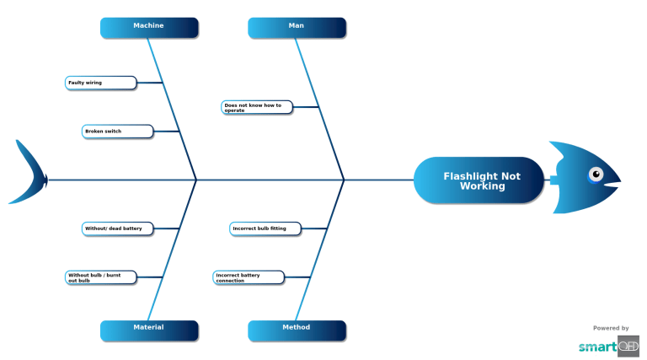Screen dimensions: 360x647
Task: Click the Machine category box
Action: (149, 27)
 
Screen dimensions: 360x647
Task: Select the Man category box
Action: (297, 27)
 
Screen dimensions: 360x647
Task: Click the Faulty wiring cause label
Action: (100, 83)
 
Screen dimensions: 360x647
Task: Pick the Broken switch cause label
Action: (118, 132)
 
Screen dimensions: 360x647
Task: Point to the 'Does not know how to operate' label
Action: (257, 107)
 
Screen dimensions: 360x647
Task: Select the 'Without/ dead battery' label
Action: (118, 228)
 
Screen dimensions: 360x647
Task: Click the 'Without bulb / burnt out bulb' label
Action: (100, 277)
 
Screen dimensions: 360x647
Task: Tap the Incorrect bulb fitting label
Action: (265, 228)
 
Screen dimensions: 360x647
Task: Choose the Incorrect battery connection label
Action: (249, 277)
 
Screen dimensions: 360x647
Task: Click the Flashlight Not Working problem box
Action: (479, 180)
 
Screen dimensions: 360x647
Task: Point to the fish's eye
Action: (596, 175)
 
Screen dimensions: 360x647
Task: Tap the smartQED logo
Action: (608, 346)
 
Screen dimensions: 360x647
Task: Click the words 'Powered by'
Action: (611, 328)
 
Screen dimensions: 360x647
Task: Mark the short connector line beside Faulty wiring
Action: (149, 83)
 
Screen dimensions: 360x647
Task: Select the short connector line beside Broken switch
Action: (166, 132)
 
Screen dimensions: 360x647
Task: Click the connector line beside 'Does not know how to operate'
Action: (306, 107)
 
